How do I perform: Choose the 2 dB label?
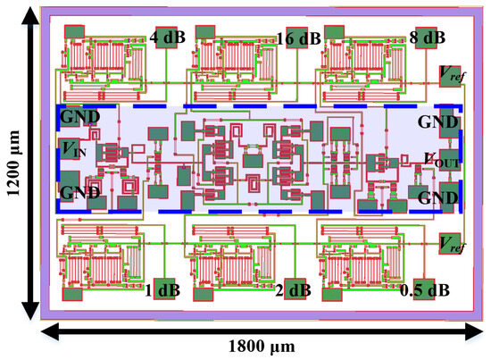click(294, 289)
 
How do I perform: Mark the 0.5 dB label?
click(423, 289)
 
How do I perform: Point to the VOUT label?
click(440, 159)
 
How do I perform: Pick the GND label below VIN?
click(77, 191)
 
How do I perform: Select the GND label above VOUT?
click(437, 121)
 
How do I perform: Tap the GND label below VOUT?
click(438, 196)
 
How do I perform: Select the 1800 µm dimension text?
click(262, 346)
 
